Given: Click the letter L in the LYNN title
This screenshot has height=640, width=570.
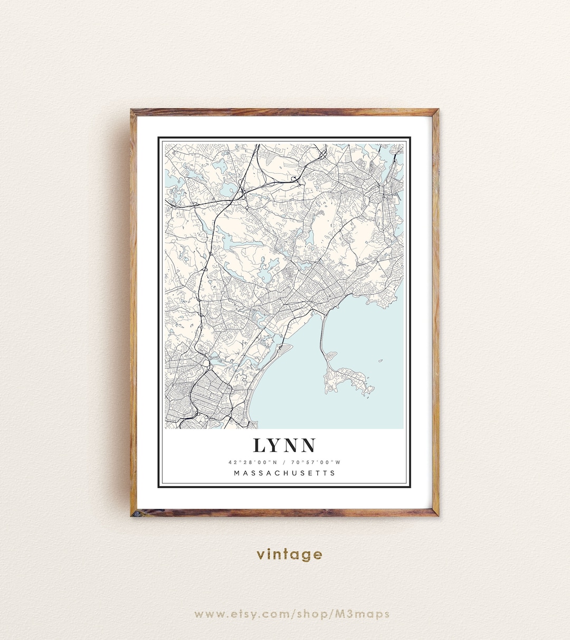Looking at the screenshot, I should tap(260, 446).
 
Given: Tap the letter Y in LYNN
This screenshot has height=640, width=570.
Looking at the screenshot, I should tap(275, 446).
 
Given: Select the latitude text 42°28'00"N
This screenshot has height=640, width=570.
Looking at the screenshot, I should tap(251, 463).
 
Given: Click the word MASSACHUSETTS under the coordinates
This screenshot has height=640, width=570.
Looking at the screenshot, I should tap(284, 473).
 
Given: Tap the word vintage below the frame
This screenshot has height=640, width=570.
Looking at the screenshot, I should tap(289, 554).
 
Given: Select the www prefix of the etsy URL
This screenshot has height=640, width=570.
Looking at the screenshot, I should tap(207, 614).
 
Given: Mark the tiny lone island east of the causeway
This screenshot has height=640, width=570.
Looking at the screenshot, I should tap(380, 361).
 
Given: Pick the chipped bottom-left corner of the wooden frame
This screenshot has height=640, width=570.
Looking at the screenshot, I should tap(134, 513).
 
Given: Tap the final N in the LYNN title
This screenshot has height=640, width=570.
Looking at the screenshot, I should tap(308, 446).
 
